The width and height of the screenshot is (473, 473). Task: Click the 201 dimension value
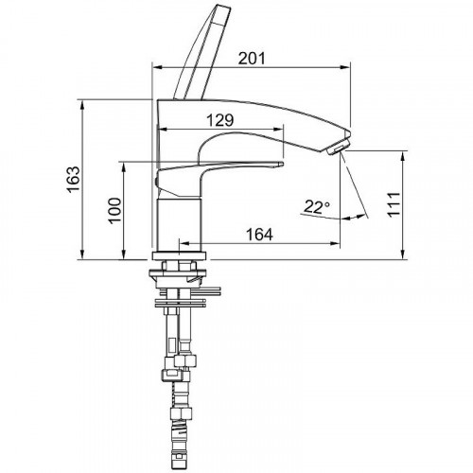pos(252,59)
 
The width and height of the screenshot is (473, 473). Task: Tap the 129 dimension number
pos(220,120)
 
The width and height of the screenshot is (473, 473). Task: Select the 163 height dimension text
pos(74,180)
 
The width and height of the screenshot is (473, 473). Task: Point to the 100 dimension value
pos(114,211)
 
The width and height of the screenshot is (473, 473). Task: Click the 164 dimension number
pos(259,235)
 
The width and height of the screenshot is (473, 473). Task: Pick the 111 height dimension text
pos(394,204)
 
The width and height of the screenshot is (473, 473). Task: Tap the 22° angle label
pos(317,207)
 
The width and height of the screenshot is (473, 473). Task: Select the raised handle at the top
pos(202,52)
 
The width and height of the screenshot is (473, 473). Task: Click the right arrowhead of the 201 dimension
pos(346,67)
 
